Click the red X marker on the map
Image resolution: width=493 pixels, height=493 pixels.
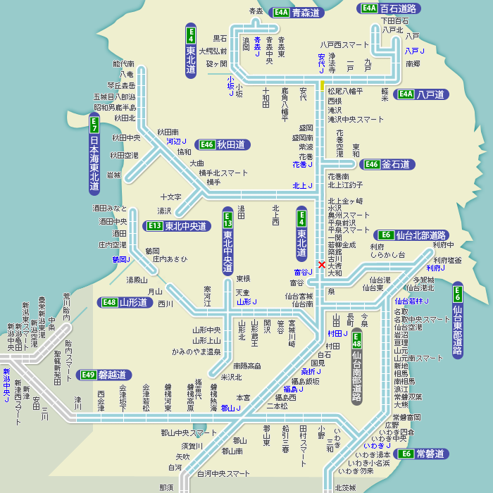[322, 265]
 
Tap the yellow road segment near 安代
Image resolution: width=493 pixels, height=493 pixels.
[323, 85]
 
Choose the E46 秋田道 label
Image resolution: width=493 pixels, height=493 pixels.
[223, 144]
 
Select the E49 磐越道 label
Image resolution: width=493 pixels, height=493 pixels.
[105, 375]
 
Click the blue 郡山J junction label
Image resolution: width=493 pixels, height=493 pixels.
[230, 408]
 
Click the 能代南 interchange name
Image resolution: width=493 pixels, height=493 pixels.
[123, 64]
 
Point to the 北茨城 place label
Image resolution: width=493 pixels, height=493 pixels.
[345, 487]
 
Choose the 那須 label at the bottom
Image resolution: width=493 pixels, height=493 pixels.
[166, 487]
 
